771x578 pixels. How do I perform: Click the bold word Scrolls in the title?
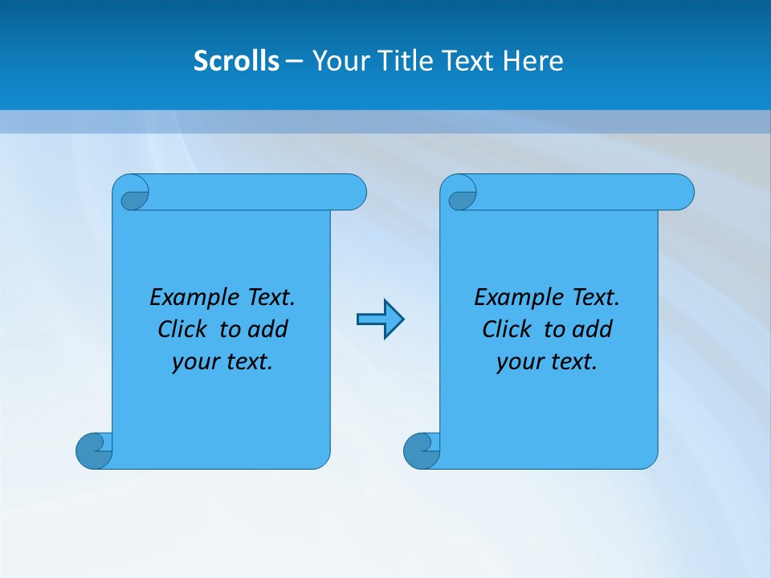pos(236,61)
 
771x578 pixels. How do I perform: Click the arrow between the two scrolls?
pos(380,320)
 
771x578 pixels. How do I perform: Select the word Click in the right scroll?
pos(507,329)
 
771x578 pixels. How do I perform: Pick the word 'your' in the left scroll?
pos(195,362)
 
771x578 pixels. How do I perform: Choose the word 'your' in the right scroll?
pos(520,362)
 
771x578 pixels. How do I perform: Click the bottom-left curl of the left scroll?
pos(93,450)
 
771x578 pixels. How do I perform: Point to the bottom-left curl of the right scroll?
pos(421,450)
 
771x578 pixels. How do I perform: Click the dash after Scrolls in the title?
pos(294,61)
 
